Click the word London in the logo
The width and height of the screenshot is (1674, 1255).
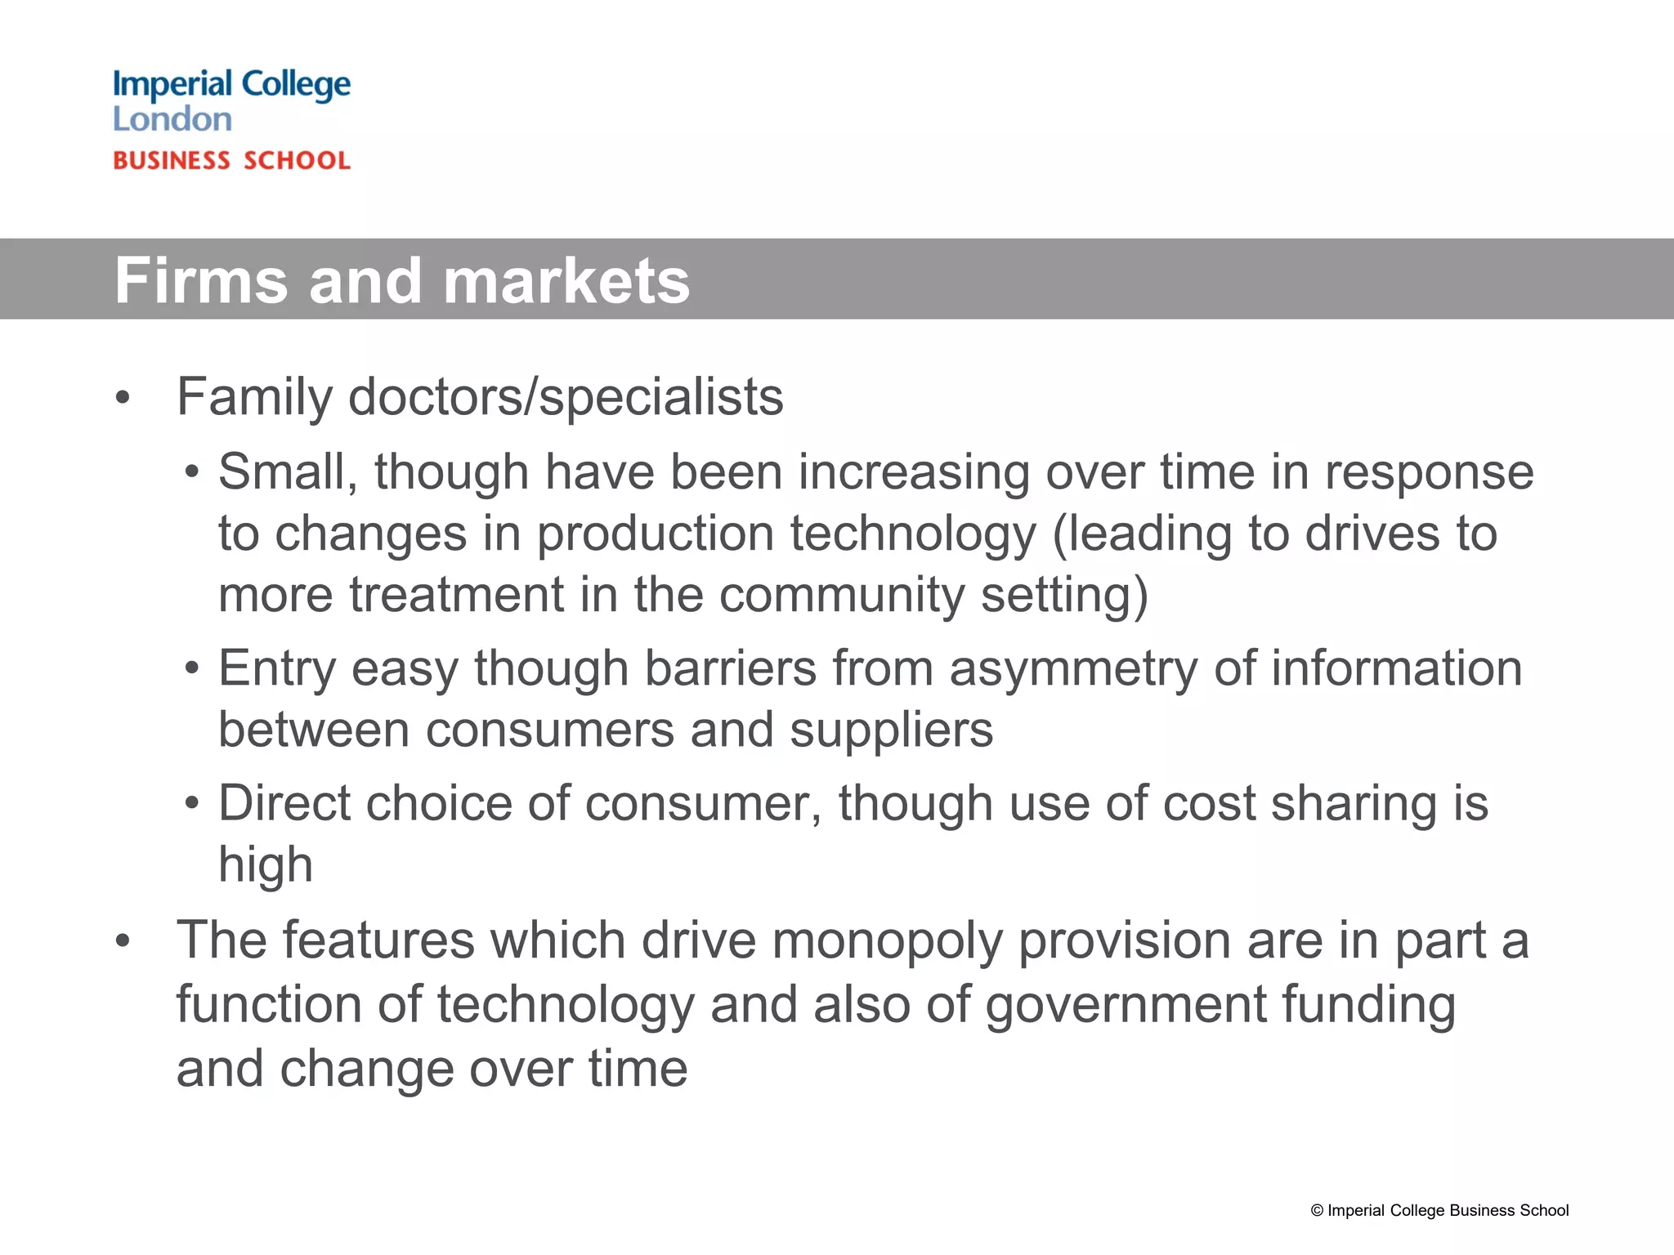click(x=172, y=119)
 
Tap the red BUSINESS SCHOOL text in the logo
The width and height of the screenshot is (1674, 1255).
click(x=231, y=161)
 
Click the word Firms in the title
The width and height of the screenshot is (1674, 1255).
click(x=201, y=280)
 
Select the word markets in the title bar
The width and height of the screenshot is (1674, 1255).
click(x=566, y=280)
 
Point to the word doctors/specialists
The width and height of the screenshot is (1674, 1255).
click(x=566, y=398)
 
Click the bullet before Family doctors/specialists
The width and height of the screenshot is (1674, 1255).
click(x=123, y=398)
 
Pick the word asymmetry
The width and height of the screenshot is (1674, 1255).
click(x=1072, y=669)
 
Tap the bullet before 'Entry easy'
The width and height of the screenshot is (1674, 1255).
click(x=191, y=669)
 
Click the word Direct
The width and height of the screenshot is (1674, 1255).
click(x=283, y=803)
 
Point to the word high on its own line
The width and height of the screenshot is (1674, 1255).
click(x=266, y=865)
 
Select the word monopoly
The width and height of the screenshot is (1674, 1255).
click(x=887, y=940)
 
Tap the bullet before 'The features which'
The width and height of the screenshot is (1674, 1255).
click(x=123, y=940)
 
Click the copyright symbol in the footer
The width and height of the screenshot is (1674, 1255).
click(x=1317, y=1211)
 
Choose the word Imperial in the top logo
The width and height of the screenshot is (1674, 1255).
click(x=172, y=85)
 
